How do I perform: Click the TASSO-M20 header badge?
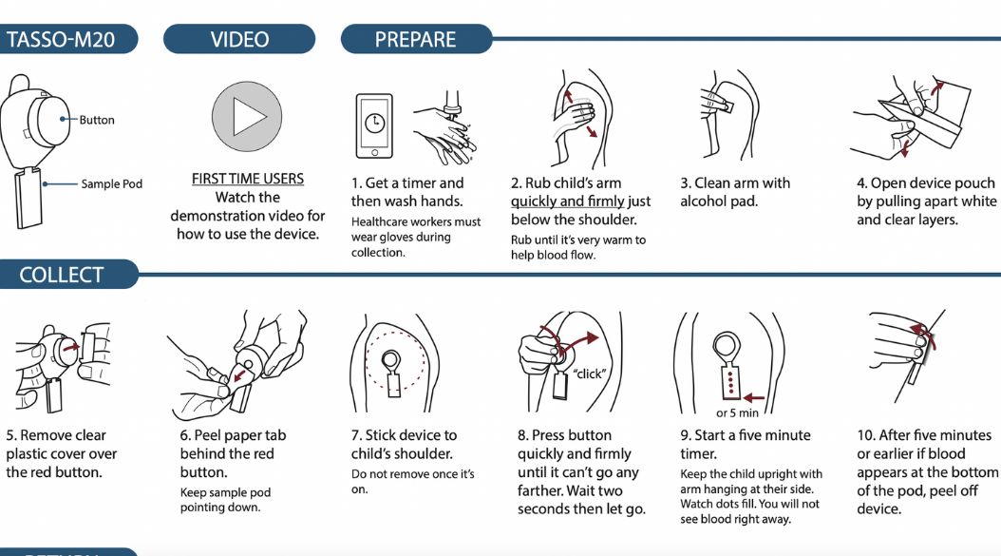[67, 39]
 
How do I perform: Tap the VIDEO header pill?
[239, 39]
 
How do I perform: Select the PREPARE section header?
[416, 39]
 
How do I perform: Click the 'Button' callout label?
[97, 120]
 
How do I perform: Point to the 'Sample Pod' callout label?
[112, 184]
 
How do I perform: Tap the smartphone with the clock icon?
[374, 125]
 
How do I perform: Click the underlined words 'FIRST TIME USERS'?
[248, 179]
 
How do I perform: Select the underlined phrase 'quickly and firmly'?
[568, 201]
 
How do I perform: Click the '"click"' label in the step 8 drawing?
[589, 374]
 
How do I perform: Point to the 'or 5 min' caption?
[737, 412]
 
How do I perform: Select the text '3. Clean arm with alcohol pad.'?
[735, 192]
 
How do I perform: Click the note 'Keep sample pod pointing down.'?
[225, 500]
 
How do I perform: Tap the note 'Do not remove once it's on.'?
[412, 481]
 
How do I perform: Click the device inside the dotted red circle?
[392, 374]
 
